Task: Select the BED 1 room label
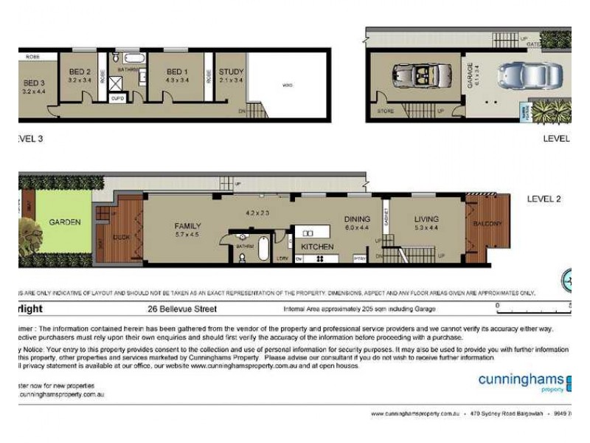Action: pyautogui.click(x=178, y=72)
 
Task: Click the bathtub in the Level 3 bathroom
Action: pyautogui.click(x=133, y=57)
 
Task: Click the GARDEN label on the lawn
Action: pyautogui.click(x=65, y=221)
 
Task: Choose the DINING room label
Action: pyautogui.click(x=357, y=219)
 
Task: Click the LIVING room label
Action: pyautogui.click(x=426, y=219)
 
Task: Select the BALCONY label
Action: pyautogui.click(x=487, y=224)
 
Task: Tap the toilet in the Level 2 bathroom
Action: pyautogui.click(x=243, y=258)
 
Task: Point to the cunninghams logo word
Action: pyautogui.click(x=521, y=380)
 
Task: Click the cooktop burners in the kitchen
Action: pyautogui.click(x=321, y=258)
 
